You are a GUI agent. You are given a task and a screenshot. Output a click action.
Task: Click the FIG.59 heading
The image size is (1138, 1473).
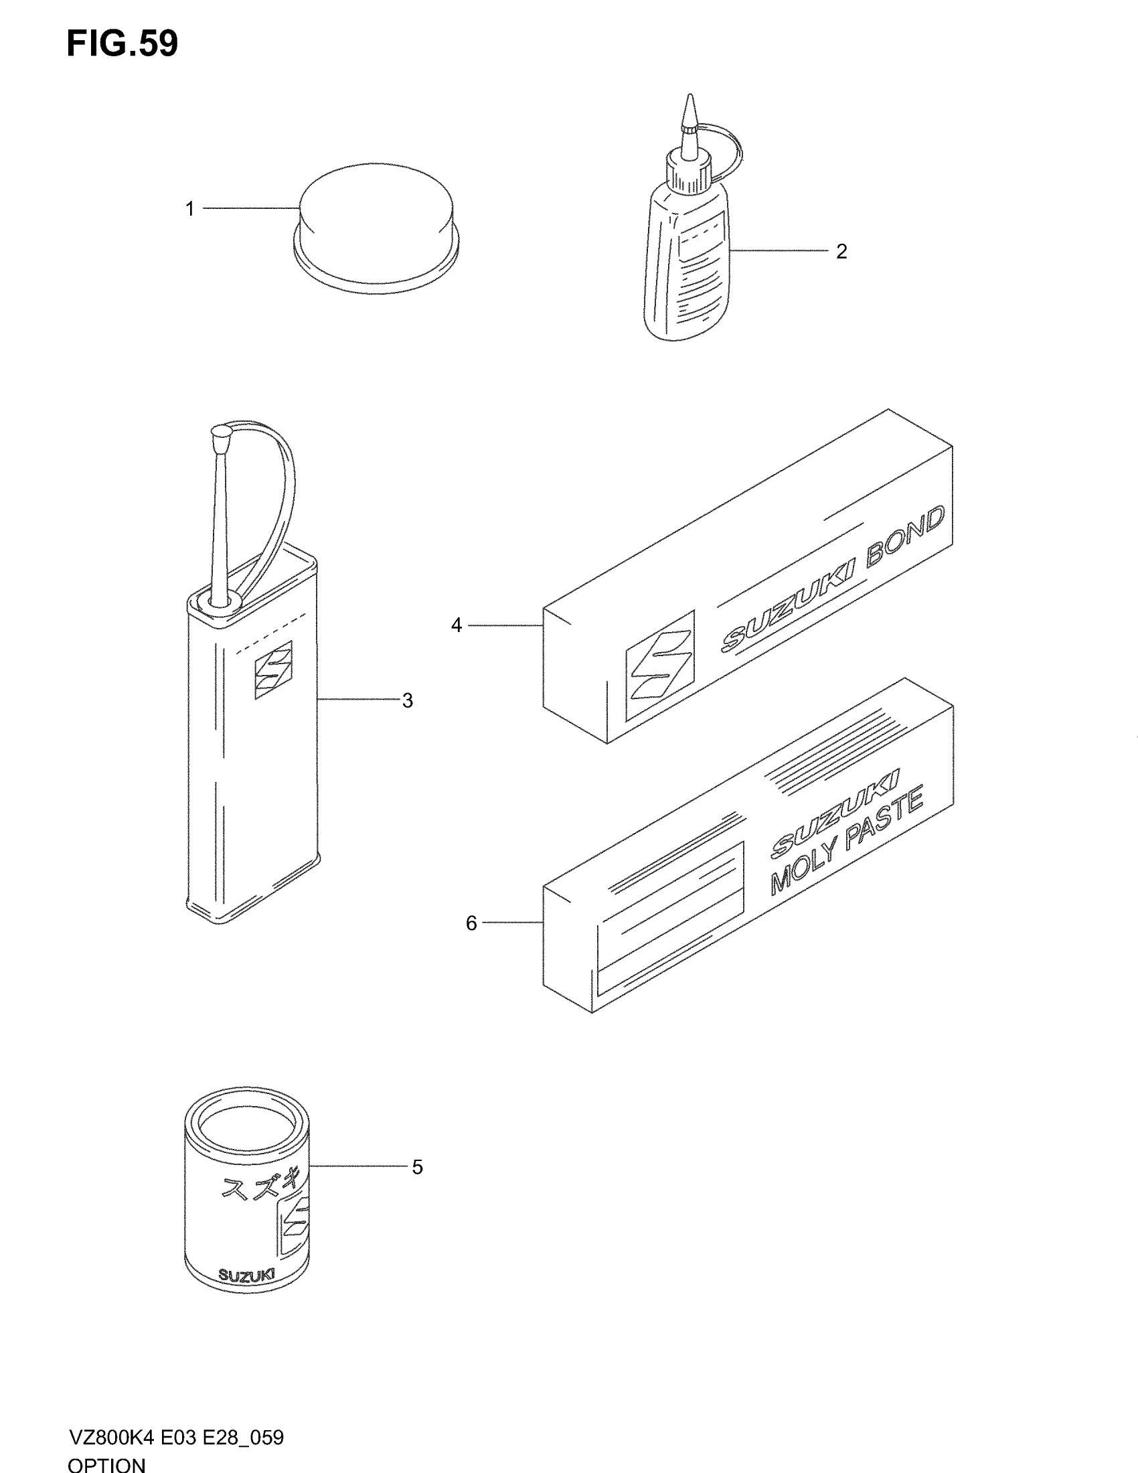pos(122,44)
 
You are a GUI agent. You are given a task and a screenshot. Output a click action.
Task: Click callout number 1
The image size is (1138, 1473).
pos(190,209)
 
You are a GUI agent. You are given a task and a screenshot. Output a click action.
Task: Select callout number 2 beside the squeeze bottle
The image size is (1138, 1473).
pos(841,252)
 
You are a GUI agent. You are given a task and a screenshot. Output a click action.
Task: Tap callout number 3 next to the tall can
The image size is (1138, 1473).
pos(407,701)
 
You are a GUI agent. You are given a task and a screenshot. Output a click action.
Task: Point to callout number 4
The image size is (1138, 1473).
pos(457,626)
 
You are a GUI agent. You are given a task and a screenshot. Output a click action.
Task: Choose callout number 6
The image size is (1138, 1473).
pos(471,923)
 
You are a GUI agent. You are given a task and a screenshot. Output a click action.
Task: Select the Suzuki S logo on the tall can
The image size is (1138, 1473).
pos(273,669)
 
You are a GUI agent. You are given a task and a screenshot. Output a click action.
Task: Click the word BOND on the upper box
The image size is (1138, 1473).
pos(906,539)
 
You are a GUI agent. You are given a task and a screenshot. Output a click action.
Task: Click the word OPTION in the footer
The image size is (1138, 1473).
pos(106,1464)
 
